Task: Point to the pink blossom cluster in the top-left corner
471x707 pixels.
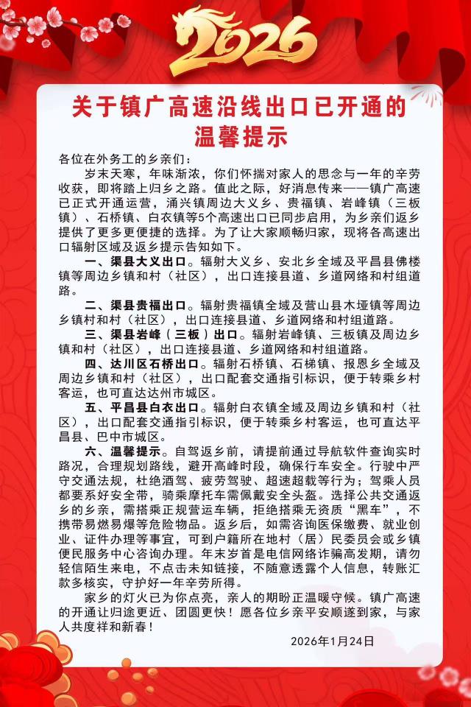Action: pos(44,22)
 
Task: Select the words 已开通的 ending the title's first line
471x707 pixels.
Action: pos(375,108)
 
